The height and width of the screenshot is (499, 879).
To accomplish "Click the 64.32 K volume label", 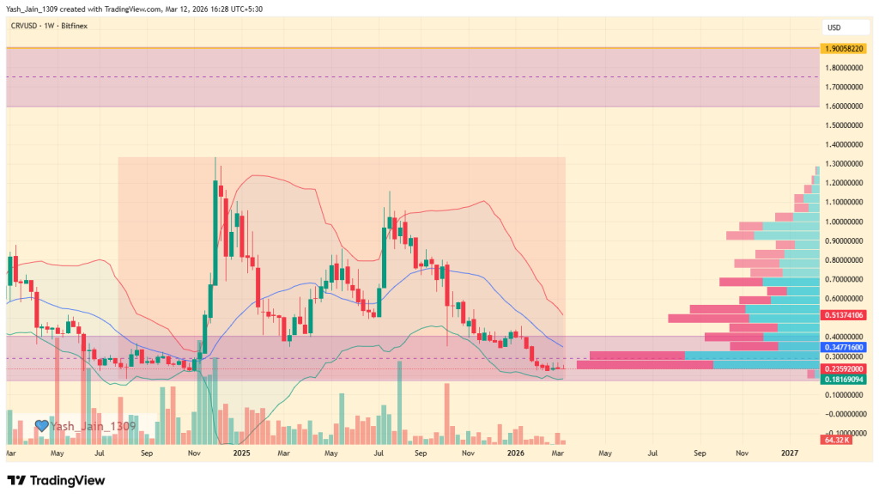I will point(836,440).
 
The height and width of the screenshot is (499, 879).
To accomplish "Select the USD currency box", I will point(834,27).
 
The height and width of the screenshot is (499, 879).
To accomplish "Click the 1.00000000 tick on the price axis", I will point(846,221).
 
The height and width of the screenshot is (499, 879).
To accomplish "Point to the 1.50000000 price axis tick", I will point(846,125).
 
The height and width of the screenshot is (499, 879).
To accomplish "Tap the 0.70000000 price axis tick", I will point(846,279).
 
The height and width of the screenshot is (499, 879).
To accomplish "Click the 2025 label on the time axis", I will point(241,452).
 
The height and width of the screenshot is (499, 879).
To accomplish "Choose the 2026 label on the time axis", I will point(515,452).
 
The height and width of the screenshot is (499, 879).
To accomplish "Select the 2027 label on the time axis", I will point(791,452).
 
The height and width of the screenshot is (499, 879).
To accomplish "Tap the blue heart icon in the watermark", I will point(40,425).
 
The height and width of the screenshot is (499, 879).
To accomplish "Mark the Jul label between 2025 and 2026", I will point(378,452).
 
